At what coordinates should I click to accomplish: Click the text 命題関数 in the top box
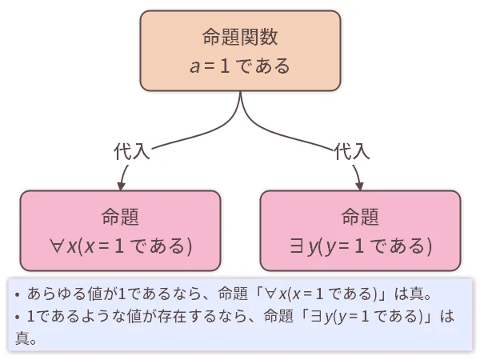click(x=240, y=37)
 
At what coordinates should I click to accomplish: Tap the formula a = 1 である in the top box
click(x=240, y=66)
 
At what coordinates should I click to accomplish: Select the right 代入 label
click(x=352, y=150)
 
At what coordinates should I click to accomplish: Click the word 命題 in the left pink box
click(x=120, y=216)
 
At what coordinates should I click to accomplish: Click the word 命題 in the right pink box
click(x=360, y=216)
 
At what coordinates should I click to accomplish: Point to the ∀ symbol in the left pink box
click(x=57, y=246)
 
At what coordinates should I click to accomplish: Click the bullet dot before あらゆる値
click(x=17, y=294)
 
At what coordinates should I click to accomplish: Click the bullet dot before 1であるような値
click(x=17, y=317)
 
